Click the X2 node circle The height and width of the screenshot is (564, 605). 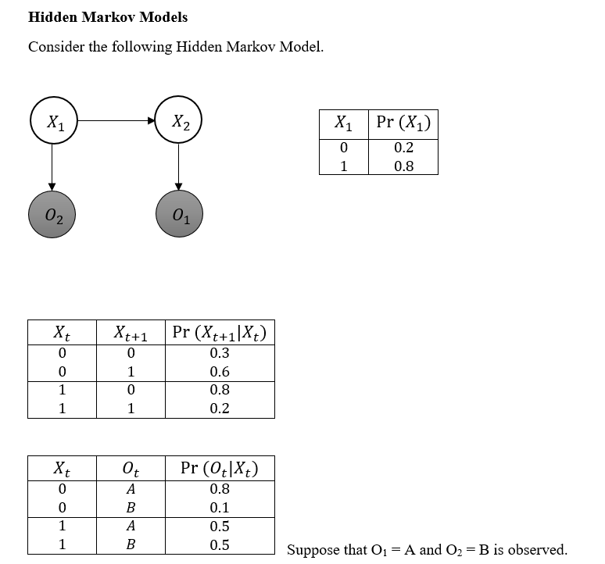click(178, 121)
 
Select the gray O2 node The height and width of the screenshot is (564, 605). click(52, 216)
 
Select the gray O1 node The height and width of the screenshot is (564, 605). click(178, 216)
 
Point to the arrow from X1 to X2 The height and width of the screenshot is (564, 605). click(115, 121)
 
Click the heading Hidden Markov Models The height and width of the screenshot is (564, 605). click(107, 17)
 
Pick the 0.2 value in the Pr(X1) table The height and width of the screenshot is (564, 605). click(403, 148)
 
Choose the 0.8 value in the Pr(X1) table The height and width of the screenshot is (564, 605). click(403, 166)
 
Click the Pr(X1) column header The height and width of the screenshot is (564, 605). click(403, 123)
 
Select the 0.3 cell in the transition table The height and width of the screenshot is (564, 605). click(220, 353)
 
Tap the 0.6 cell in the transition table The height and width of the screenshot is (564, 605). click(220, 372)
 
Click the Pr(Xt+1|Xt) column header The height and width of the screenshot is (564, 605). click(220, 332)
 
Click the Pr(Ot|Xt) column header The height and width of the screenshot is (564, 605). click(220, 468)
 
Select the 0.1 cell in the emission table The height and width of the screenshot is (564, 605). click(220, 508)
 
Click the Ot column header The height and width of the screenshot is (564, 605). click(131, 469)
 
